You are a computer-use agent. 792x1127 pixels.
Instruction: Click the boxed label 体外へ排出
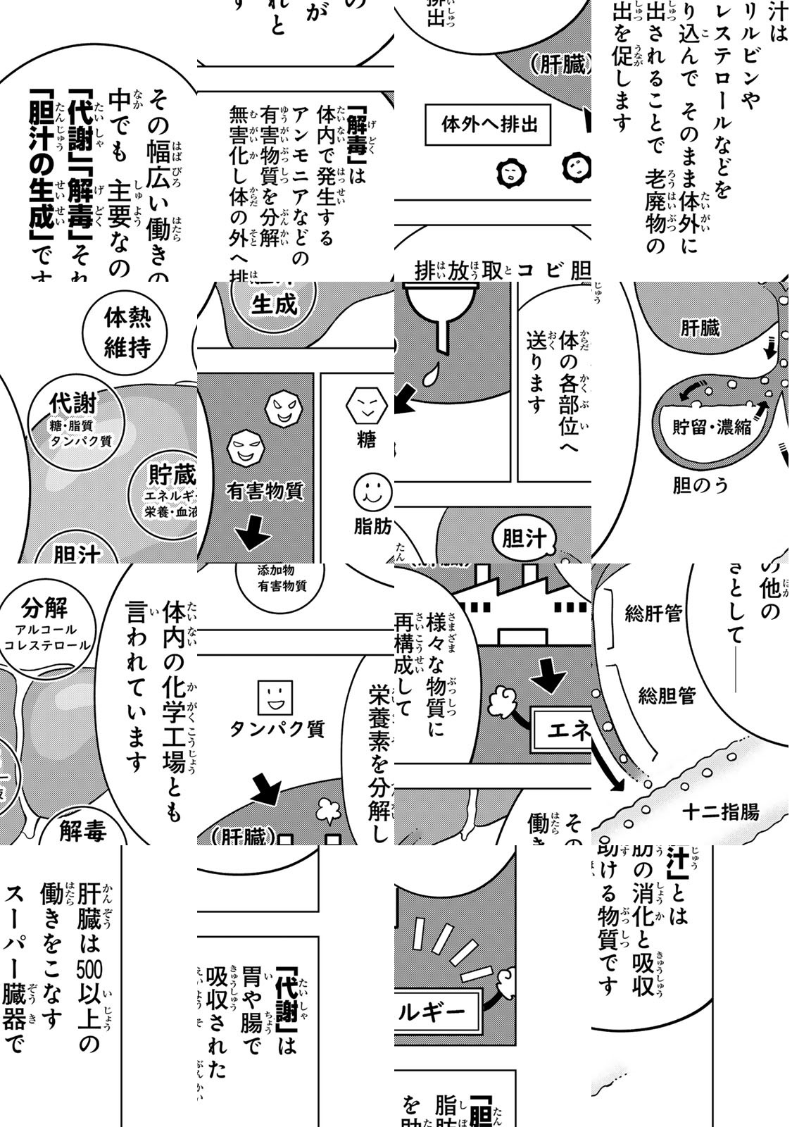tap(489, 125)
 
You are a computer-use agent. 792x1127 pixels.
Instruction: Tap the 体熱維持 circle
tap(127, 332)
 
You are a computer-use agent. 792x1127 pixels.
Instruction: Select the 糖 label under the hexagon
tap(366, 440)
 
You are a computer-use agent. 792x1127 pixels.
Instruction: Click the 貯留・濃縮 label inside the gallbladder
tap(711, 427)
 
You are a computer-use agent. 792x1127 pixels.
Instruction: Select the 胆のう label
tap(700, 485)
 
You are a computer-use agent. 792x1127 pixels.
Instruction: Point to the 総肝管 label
tap(653, 614)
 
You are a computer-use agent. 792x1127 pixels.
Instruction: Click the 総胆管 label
tap(667, 696)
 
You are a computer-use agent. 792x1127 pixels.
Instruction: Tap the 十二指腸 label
tap(720, 812)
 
